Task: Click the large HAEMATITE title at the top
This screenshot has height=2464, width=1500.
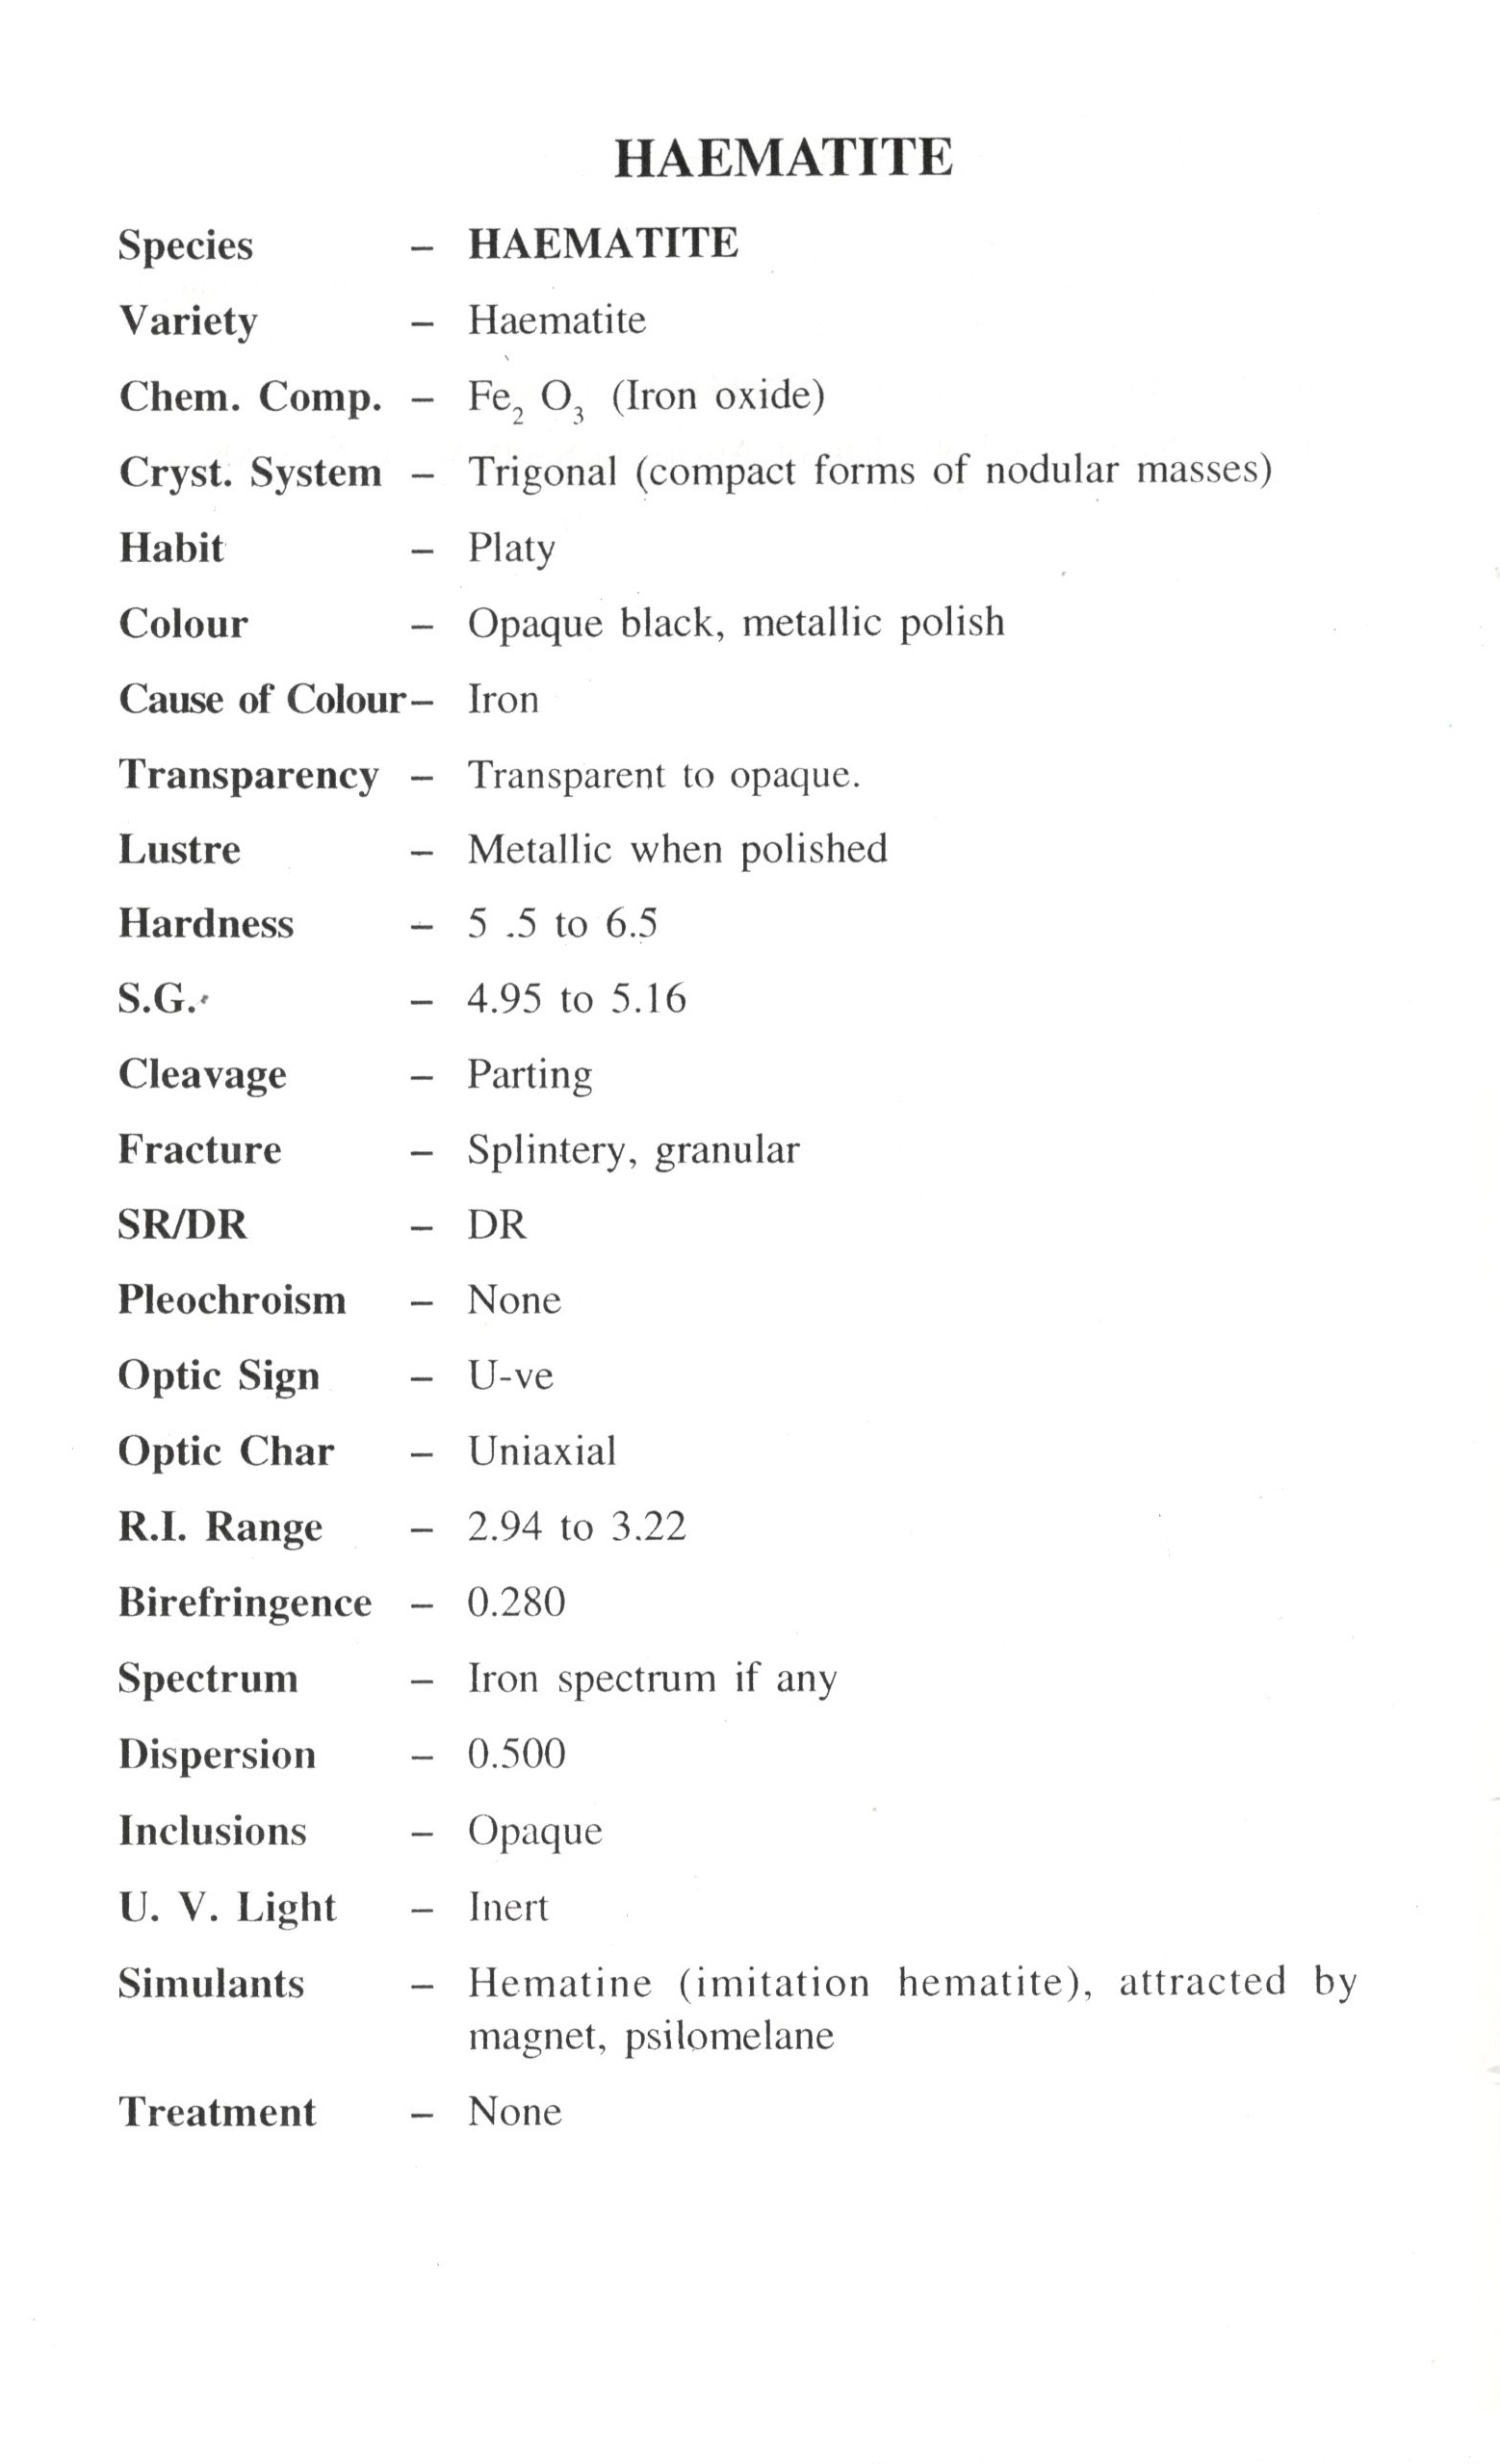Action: coord(783,158)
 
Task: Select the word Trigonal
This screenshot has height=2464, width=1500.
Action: coord(542,471)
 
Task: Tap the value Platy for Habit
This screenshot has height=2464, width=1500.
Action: coord(511,548)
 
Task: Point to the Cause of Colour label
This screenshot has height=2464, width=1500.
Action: coord(262,699)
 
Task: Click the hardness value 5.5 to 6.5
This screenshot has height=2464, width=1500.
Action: coord(562,923)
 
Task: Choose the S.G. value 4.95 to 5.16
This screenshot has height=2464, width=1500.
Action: coord(576,998)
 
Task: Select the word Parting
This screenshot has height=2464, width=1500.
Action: coord(529,1075)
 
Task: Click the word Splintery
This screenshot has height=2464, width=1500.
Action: coord(551,1150)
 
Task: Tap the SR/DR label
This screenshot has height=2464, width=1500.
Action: coord(182,1224)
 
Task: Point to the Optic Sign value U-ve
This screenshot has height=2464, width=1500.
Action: coord(510,1376)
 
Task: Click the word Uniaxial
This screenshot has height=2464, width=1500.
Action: coord(542,1451)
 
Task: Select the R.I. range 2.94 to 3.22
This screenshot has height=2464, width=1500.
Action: coord(576,1527)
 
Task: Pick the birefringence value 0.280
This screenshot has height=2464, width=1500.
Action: coord(516,1602)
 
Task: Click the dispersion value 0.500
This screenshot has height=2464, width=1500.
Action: coord(516,1754)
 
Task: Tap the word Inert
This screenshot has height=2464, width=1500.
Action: coord(508,1907)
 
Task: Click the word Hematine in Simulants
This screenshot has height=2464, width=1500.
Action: coord(560,1982)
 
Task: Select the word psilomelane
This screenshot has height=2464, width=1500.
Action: coord(729,2036)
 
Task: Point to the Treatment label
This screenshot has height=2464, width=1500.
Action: coord(217,2112)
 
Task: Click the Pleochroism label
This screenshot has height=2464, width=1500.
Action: coord(232,1300)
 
